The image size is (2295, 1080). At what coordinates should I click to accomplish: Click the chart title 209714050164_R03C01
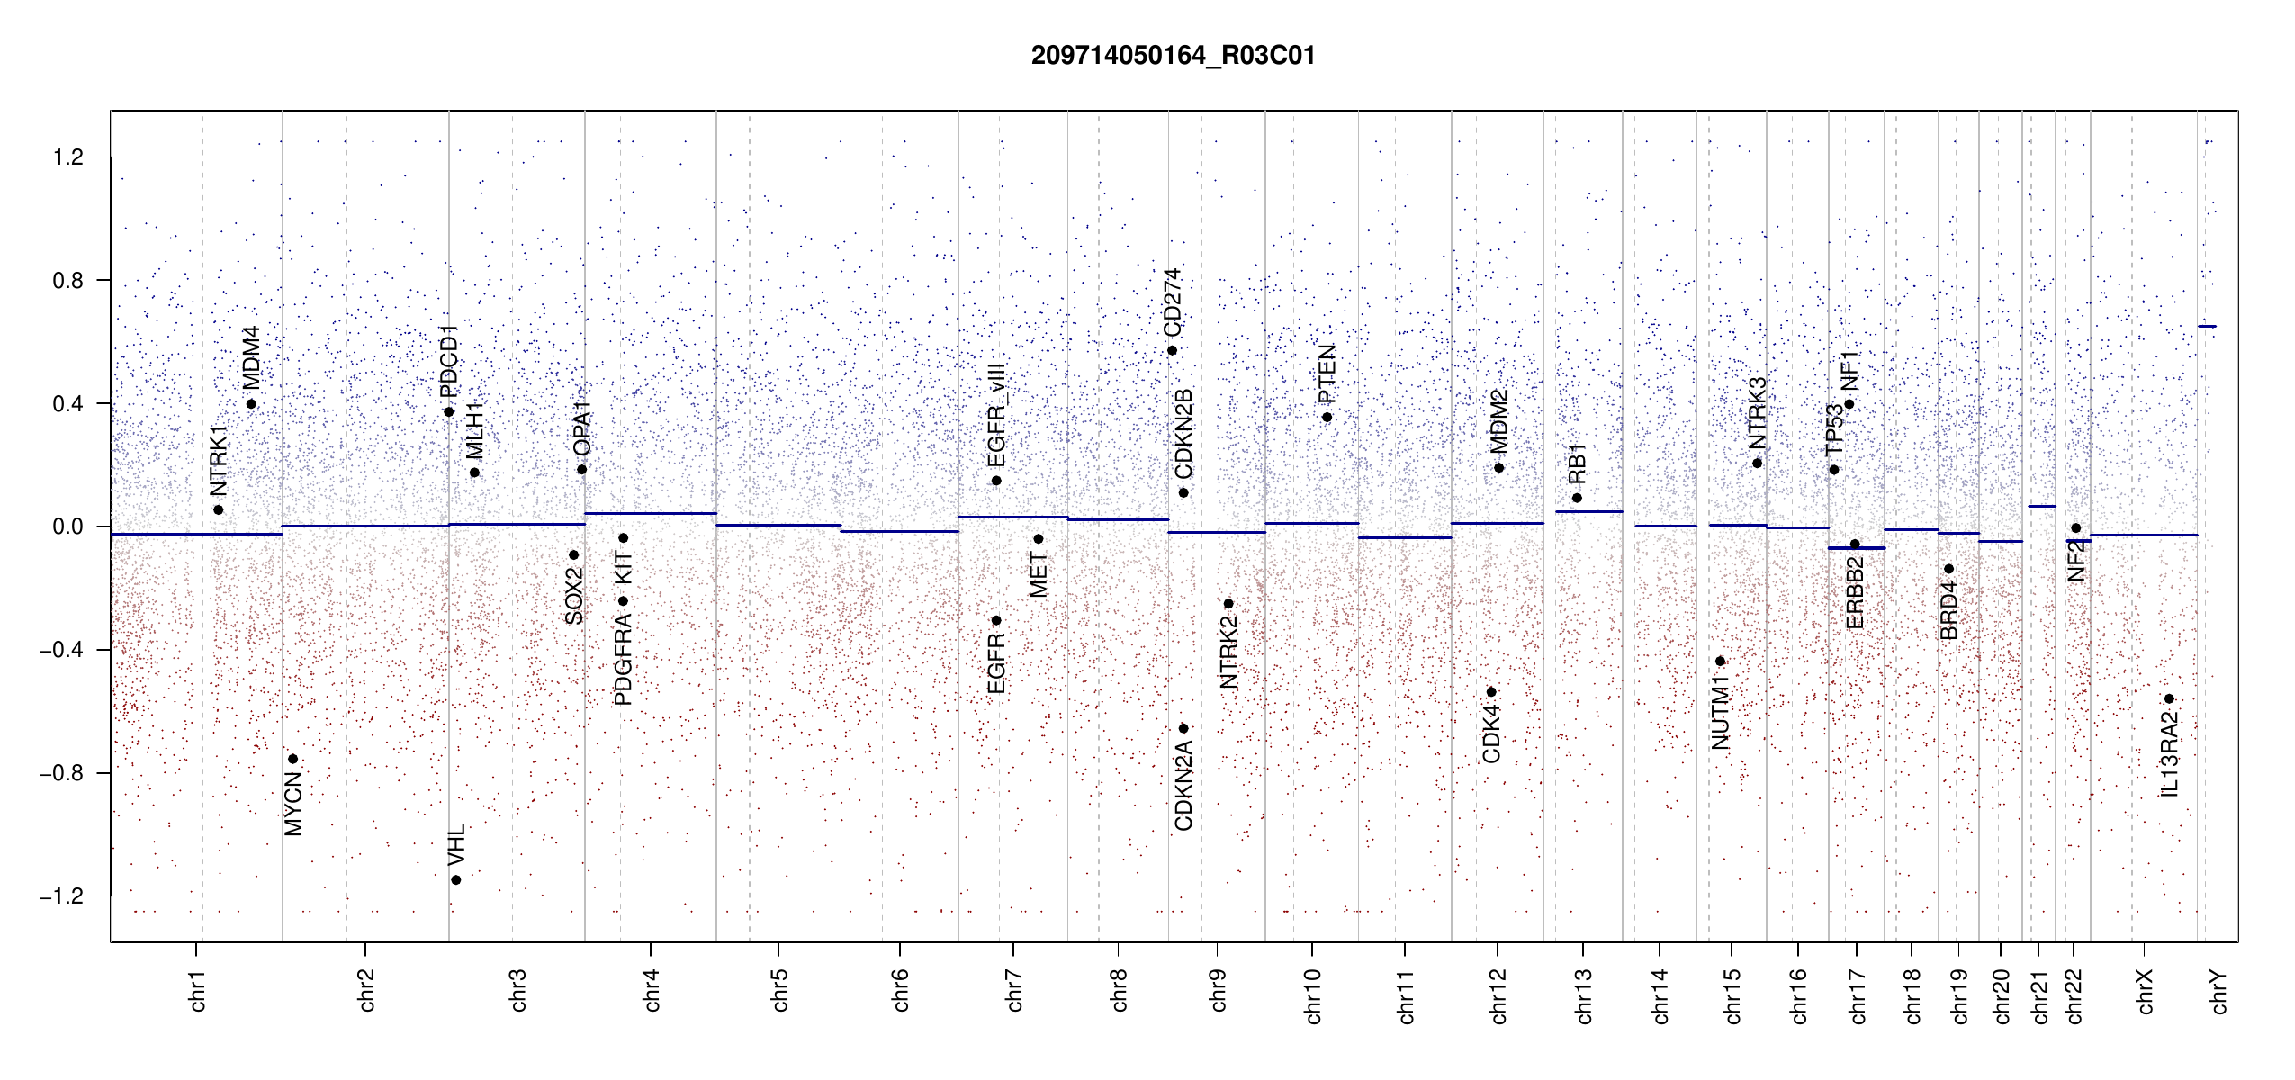click(x=1173, y=56)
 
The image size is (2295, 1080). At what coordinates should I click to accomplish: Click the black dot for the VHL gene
click(x=456, y=880)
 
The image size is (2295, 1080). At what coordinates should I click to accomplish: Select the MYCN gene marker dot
click(x=292, y=760)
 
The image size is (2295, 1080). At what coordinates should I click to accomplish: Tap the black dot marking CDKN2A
click(x=1183, y=729)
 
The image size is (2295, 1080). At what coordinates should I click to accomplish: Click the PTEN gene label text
click(x=1327, y=373)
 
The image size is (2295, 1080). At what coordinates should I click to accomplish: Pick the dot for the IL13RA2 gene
click(x=2169, y=699)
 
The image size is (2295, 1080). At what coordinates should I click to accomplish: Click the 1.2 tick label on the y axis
click(x=67, y=157)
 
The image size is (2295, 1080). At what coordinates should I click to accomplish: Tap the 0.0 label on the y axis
click(x=67, y=526)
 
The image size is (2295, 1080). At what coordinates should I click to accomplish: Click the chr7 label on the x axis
click(x=1014, y=990)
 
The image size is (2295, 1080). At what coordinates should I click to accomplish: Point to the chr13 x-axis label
click(x=1583, y=995)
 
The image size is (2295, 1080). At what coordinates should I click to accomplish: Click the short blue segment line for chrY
click(x=2207, y=326)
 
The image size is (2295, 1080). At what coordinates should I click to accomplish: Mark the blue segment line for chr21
click(x=2041, y=507)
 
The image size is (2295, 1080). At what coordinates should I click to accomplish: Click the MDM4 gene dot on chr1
click(x=251, y=404)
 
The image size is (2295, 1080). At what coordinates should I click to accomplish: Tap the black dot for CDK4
click(x=1491, y=692)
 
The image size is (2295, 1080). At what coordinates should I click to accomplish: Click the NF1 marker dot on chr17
click(x=1849, y=404)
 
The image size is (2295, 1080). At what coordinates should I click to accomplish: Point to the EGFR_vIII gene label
click(x=996, y=415)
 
